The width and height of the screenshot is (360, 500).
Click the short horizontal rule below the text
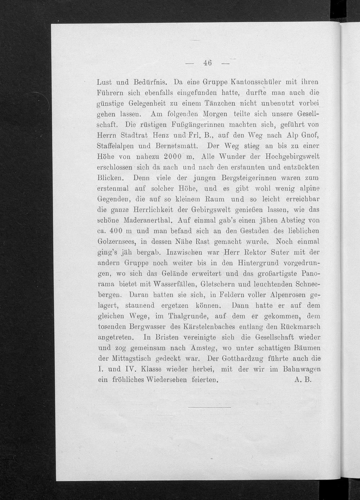(x=209, y=407)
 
